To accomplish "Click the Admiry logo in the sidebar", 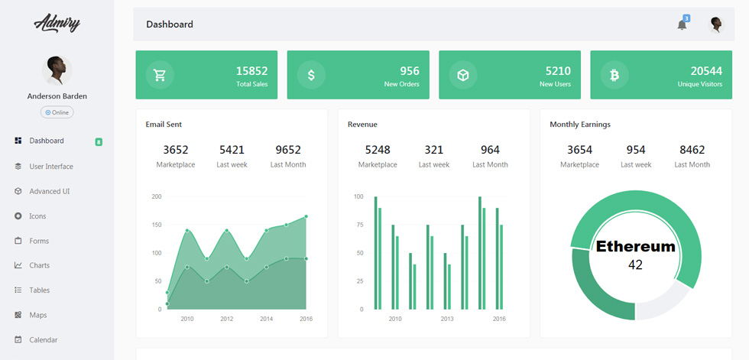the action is pos(57,23).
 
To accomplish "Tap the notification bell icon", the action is pos(682,24).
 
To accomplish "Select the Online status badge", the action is pos(57,112).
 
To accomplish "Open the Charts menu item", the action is pos(39,265).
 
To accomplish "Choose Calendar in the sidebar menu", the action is pos(43,340).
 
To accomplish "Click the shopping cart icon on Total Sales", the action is pos(159,75).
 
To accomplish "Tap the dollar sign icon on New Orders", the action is pos(311,75).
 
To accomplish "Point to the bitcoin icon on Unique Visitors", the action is pos(614,75).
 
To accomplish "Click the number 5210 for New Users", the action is pos(558,71).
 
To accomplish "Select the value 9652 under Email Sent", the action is pos(288,150).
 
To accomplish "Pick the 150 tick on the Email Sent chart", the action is pos(157,225).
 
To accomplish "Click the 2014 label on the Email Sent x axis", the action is pos(267,319).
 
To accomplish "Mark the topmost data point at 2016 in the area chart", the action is pos(306,216).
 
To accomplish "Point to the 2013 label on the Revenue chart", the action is pos(447,319).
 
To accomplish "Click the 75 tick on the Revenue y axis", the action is pos(358,225).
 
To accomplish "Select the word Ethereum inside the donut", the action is pos(635,246).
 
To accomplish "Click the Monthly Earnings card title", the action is pos(580,125).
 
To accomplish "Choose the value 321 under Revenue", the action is pos(434,150).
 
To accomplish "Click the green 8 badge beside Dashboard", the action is pos(99,142).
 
